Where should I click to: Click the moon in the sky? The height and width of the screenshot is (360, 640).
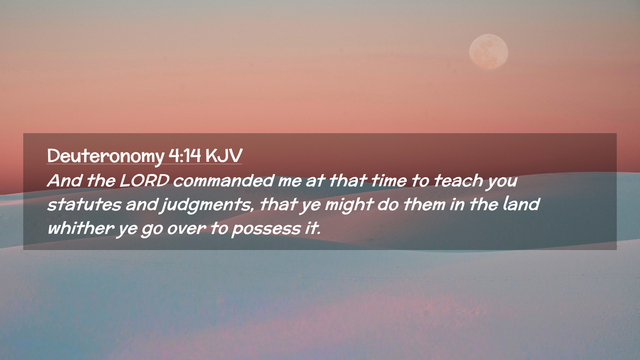pyautogui.click(x=489, y=52)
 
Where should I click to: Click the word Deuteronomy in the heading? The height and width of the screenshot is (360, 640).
pyautogui.click(x=106, y=156)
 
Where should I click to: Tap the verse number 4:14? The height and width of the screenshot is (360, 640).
pyautogui.click(x=185, y=155)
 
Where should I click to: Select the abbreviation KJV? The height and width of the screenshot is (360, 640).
pyautogui.click(x=224, y=155)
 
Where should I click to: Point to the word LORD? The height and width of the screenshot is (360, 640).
pyautogui.click(x=144, y=180)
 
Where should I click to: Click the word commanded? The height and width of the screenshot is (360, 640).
pyautogui.click(x=224, y=180)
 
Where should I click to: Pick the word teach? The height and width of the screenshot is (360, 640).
pyautogui.click(x=458, y=180)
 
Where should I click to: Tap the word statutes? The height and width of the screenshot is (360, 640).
pyautogui.click(x=84, y=204)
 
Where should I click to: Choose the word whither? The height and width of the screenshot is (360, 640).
pyautogui.click(x=81, y=228)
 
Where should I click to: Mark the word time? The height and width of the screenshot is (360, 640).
pyautogui.click(x=389, y=180)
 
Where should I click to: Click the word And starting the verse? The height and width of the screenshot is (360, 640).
pyautogui.click(x=65, y=180)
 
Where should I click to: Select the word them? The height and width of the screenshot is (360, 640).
pyautogui.click(x=424, y=204)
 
